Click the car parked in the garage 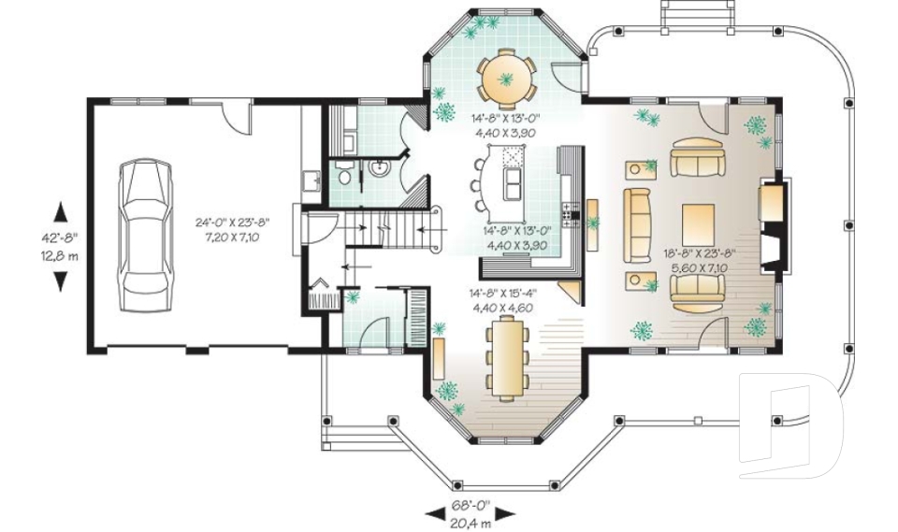[x=145, y=236]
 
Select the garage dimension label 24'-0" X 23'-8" [x=232, y=223]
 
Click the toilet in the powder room [x=344, y=174]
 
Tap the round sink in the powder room [x=379, y=169]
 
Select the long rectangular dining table [x=506, y=360]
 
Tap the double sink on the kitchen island [x=513, y=183]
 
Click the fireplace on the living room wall [x=775, y=225]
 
